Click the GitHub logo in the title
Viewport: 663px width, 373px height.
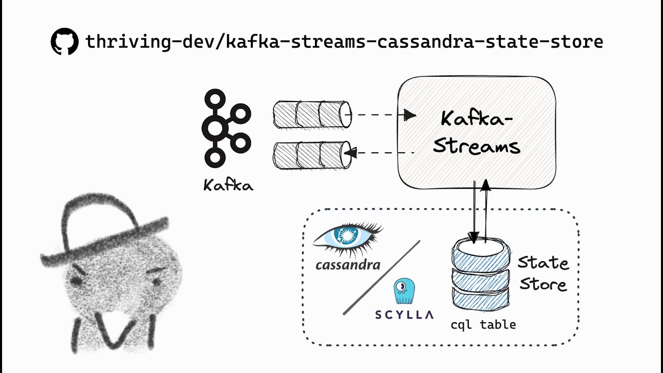(64, 41)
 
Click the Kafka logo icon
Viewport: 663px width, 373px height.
(226, 128)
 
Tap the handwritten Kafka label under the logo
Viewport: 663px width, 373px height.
(228, 185)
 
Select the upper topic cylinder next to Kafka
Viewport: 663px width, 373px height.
(312, 114)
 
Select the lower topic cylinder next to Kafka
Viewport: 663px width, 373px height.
(312, 155)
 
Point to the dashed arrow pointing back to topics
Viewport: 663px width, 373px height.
(381, 153)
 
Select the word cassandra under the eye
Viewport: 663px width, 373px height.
(348, 265)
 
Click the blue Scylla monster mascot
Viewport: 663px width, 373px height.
(404, 291)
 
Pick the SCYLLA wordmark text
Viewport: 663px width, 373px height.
(404, 314)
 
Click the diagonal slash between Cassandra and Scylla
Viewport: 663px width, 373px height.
(381, 277)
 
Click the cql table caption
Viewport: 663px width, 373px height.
(483, 325)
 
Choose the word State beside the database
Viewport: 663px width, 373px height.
(543, 263)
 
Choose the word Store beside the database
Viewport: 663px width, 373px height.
(543, 284)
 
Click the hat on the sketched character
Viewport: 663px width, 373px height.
(104, 228)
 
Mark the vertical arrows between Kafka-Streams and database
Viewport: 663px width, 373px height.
(480, 210)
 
